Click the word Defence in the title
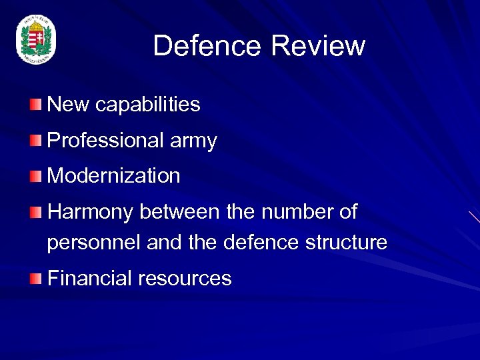click(208, 46)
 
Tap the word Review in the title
click(319, 46)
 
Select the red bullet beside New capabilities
click(35, 105)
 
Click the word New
click(69, 105)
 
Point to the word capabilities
click(147, 105)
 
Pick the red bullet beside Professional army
click(35, 141)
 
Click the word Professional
click(105, 141)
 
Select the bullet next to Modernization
click(35, 176)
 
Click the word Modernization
click(114, 176)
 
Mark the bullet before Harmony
click(35, 213)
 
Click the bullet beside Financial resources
click(35, 279)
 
